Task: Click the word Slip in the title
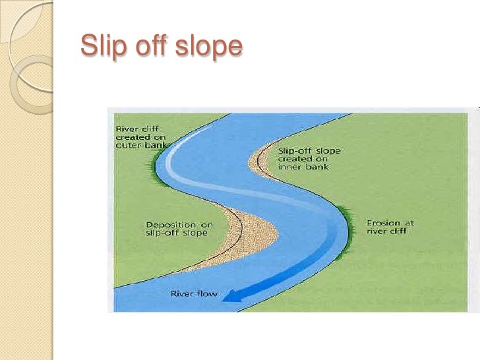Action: pos(100,46)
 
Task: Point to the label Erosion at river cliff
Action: pos(390,227)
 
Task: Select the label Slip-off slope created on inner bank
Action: pos(309,158)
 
